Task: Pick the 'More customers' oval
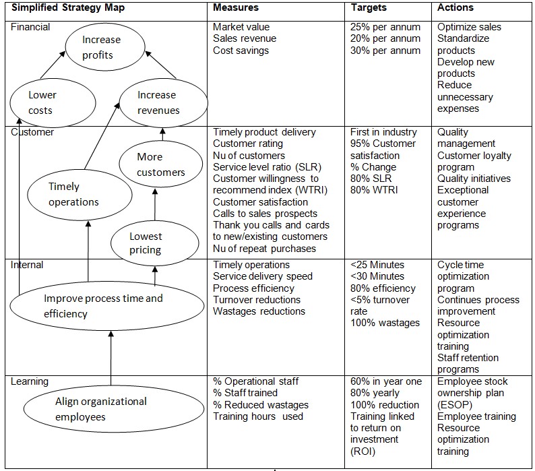160,164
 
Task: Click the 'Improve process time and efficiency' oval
106,306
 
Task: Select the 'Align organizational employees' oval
113,409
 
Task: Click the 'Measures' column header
234,8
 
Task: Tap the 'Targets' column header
369,8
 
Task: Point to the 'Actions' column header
455,8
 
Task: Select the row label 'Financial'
31,28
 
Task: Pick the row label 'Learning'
30,381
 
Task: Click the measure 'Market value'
241,28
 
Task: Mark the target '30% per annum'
385,51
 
